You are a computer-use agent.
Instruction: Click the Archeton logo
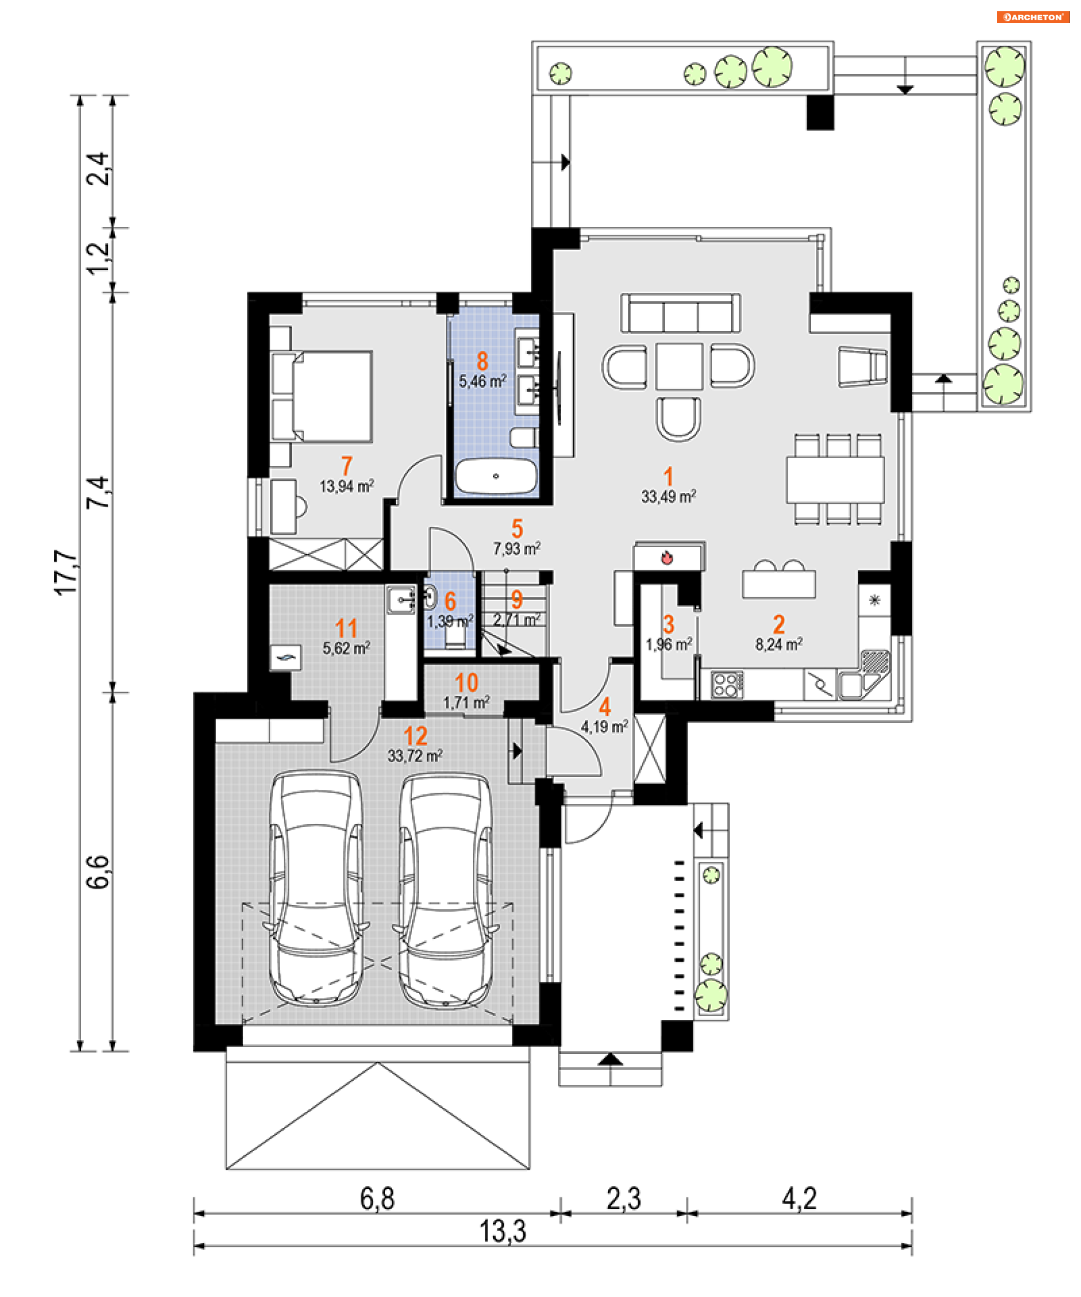(x=1032, y=17)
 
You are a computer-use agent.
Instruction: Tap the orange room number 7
(x=347, y=466)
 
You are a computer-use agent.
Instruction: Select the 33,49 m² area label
(x=668, y=497)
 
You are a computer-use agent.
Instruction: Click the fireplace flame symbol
(x=667, y=558)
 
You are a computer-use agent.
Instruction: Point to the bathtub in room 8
(x=495, y=476)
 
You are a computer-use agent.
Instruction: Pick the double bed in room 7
(x=322, y=396)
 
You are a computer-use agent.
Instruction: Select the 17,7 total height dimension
(x=66, y=573)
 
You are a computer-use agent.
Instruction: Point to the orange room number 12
(x=416, y=736)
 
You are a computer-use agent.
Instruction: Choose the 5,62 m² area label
(x=346, y=648)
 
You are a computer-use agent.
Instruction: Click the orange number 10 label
(x=466, y=682)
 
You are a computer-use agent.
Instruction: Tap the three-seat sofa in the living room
(x=681, y=314)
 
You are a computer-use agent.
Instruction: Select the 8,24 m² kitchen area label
(x=778, y=644)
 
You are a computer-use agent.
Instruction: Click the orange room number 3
(x=668, y=624)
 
